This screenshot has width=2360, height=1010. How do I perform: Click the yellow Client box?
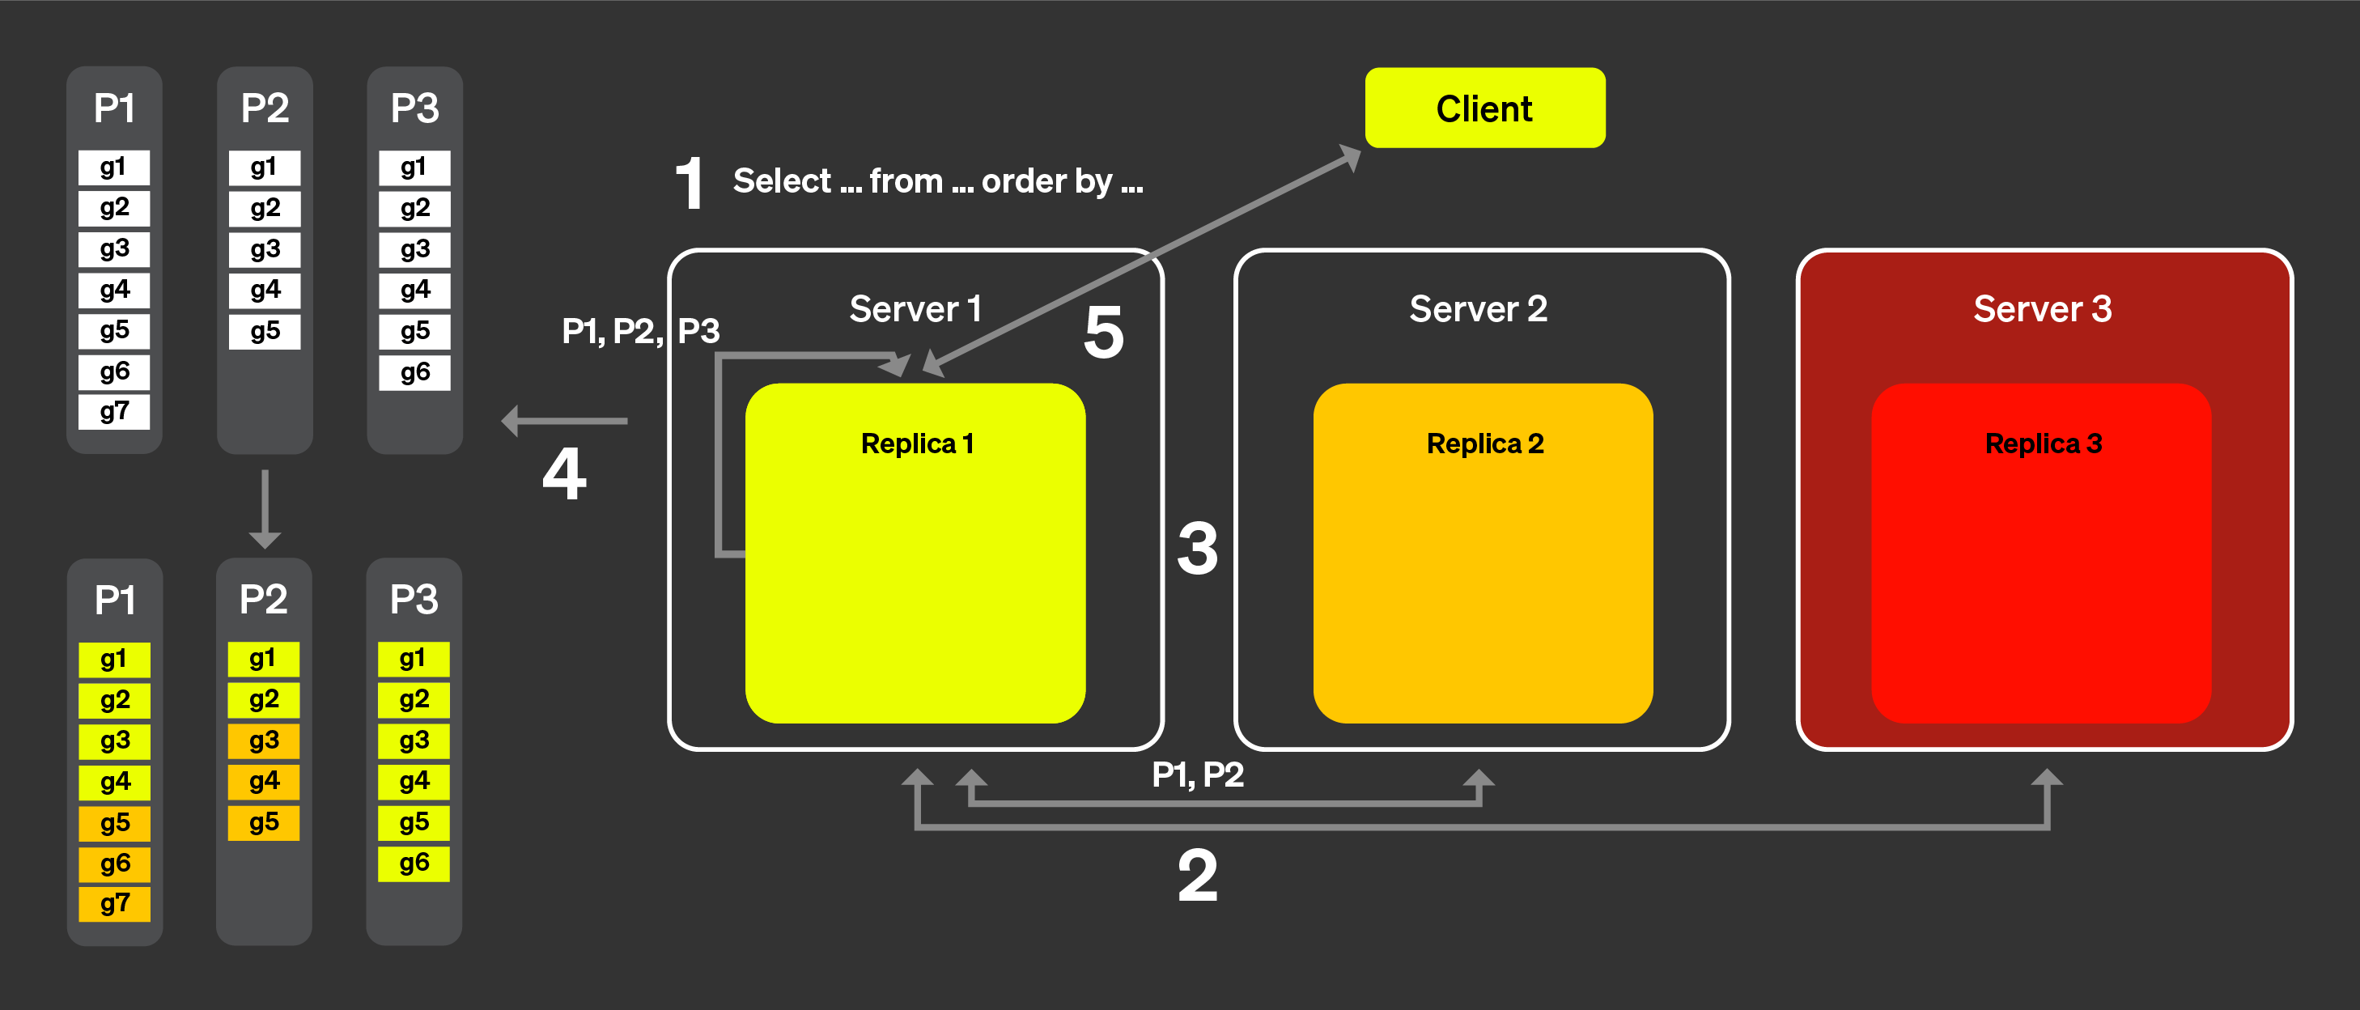[x=1484, y=108]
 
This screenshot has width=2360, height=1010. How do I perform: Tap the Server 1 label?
[x=915, y=309]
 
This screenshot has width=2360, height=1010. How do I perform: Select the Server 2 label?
[x=1478, y=309]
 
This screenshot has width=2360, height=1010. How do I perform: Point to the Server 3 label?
[x=2042, y=309]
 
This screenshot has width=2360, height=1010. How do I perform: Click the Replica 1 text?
[x=916, y=443]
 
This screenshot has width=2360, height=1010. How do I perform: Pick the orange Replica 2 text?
[x=1484, y=443]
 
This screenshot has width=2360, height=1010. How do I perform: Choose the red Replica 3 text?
[x=2043, y=443]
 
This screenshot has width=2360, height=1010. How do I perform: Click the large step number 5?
[x=1103, y=332]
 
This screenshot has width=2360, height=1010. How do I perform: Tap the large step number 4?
[x=564, y=473]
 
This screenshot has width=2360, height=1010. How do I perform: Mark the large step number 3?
[x=1198, y=548]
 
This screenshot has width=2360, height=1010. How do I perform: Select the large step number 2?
[x=1198, y=876]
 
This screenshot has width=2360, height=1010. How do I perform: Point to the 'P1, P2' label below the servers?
[x=1198, y=774]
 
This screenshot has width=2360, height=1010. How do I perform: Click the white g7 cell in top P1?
[x=114, y=411]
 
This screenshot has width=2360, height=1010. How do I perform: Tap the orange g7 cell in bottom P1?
[x=114, y=904]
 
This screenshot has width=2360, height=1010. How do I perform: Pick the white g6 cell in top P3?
[x=414, y=372]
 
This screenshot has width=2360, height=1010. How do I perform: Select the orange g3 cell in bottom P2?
[x=264, y=741]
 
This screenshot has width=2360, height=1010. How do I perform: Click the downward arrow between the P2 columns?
[x=265, y=509]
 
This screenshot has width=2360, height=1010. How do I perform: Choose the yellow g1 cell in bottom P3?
[x=414, y=659]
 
